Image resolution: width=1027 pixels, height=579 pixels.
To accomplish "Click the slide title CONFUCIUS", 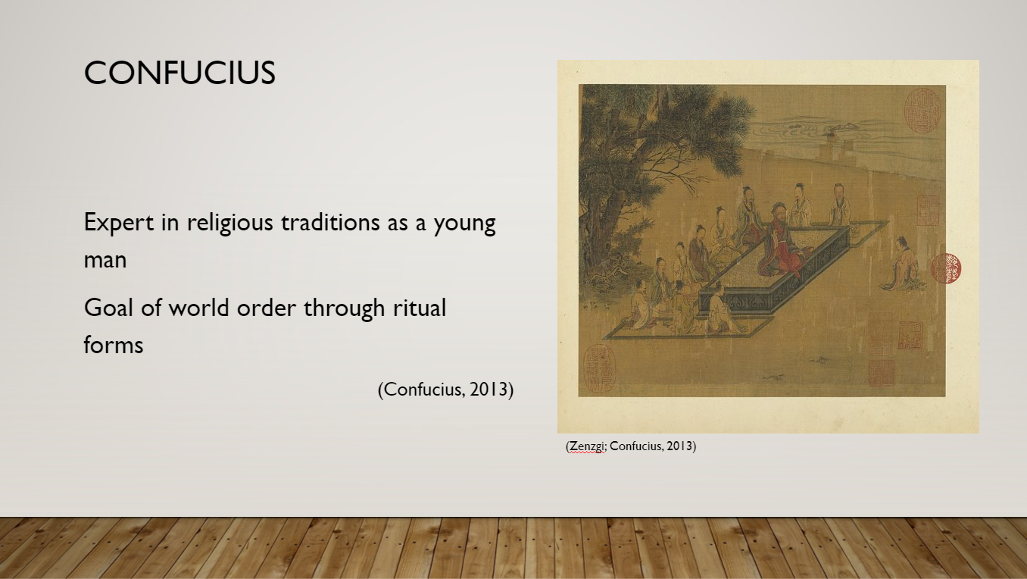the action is [x=179, y=73].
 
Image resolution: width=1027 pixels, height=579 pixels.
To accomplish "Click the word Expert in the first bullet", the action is [x=118, y=223].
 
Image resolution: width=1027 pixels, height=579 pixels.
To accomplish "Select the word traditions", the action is [x=330, y=223].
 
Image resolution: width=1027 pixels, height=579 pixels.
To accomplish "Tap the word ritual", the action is [x=420, y=308].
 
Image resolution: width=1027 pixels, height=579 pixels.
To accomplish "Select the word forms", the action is [x=114, y=345].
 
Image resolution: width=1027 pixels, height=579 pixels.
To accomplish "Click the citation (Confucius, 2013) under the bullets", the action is [x=445, y=389].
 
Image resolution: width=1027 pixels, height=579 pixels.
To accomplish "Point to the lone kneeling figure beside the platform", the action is [x=902, y=263].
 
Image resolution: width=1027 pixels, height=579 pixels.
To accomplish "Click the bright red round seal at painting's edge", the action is [x=946, y=268].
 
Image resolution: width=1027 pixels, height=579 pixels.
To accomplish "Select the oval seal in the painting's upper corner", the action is [x=922, y=111].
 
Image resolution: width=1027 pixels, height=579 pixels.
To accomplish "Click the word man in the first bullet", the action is [x=105, y=260].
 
